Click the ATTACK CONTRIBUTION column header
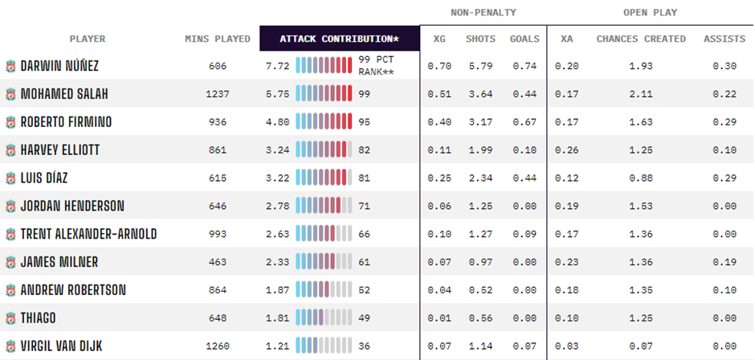tap(339, 39)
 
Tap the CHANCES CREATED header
tap(641, 39)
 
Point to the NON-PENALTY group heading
tap(483, 13)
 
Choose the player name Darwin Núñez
tap(60, 66)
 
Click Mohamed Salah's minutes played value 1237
tap(217, 94)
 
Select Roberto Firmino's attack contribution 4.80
tap(276, 122)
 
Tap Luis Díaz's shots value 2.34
tap(480, 178)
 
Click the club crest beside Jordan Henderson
tap(10, 207)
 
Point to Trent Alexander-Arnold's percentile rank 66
tap(365, 234)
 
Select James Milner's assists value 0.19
tap(724, 262)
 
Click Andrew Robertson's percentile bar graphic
tap(324, 290)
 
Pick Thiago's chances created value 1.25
tap(641, 318)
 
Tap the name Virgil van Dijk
tap(62, 346)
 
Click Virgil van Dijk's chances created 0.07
tap(641, 346)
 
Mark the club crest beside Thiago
tap(10, 318)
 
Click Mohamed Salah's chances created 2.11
tap(641, 94)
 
